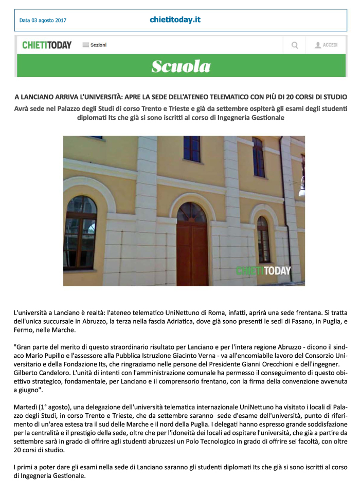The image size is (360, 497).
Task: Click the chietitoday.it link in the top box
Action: [x=175, y=20]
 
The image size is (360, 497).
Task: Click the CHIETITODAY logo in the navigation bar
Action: [x=47, y=45]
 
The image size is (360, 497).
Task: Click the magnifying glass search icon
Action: [x=295, y=45]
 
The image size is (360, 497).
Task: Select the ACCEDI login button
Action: [x=326, y=45]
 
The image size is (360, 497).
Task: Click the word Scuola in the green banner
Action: [x=181, y=66]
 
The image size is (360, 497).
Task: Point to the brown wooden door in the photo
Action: [x=192, y=247]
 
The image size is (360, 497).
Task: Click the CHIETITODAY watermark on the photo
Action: [x=263, y=271]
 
